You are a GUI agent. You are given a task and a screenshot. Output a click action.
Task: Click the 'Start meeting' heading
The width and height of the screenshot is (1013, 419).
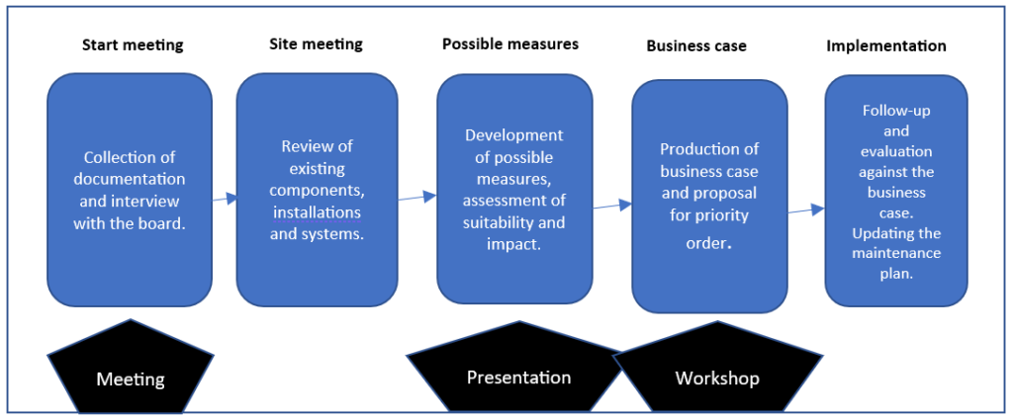pyautogui.click(x=133, y=45)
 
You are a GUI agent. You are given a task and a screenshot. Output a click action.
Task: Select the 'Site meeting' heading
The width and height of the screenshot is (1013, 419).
pyautogui.click(x=316, y=44)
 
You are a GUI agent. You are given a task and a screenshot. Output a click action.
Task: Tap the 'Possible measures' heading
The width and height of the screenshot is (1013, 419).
pyautogui.click(x=510, y=44)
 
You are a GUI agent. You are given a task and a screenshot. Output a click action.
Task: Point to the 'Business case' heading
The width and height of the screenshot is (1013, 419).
pyautogui.click(x=696, y=46)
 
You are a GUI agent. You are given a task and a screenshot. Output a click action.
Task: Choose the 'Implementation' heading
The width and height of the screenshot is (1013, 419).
pyautogui.click(x=886, y=45)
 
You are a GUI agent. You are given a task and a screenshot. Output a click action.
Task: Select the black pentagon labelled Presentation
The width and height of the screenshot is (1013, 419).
pyautogui.click(x=517, y=372)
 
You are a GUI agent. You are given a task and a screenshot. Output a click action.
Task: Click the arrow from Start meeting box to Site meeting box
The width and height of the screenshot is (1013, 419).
pyautogui.click(x=225, y=199)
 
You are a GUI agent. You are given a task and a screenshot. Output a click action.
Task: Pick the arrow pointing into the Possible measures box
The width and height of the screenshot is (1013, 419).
pyautogui.click(x=417, y=197)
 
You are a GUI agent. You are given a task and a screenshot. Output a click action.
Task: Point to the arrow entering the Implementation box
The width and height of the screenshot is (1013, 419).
pyautogui.click(x=807, y=209)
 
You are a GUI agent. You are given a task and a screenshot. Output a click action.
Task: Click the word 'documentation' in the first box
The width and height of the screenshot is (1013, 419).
pyautogui.click(x=134, y=179)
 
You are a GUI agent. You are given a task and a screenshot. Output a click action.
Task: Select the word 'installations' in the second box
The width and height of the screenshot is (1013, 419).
pyautogui.click(x=318, y=212)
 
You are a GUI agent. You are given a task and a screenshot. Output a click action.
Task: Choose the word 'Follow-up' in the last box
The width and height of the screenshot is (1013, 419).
pyautogui.click(x=896, y=110)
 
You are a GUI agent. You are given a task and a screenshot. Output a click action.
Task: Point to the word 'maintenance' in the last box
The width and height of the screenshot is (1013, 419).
pyautogui.click(x=896, y=253)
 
